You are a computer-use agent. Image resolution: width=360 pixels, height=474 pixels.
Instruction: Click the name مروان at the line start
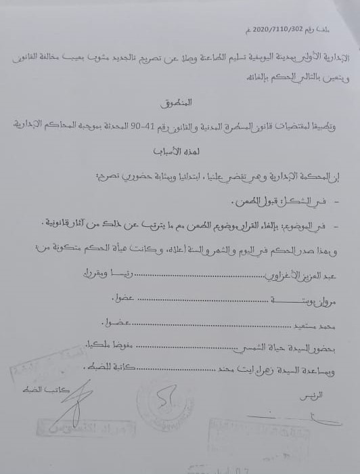coord(344,298)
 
